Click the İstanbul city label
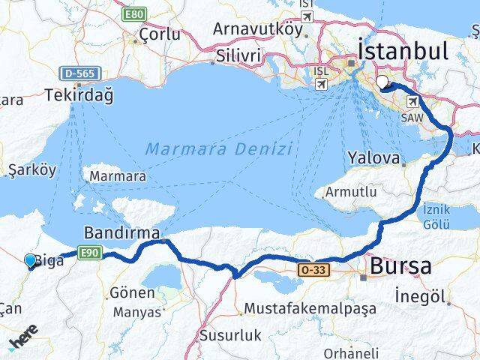[x=403, y=50]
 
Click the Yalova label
[x=372, y=158]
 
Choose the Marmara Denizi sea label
[x=218, y=148]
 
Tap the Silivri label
[x=238, y=56]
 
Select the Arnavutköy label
[x=257, y=28]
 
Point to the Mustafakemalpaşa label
[x=299, y=308]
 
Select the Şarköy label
[x=31, y=170]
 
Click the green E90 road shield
[x=88, y=252]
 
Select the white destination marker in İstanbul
[x=383, y=82]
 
